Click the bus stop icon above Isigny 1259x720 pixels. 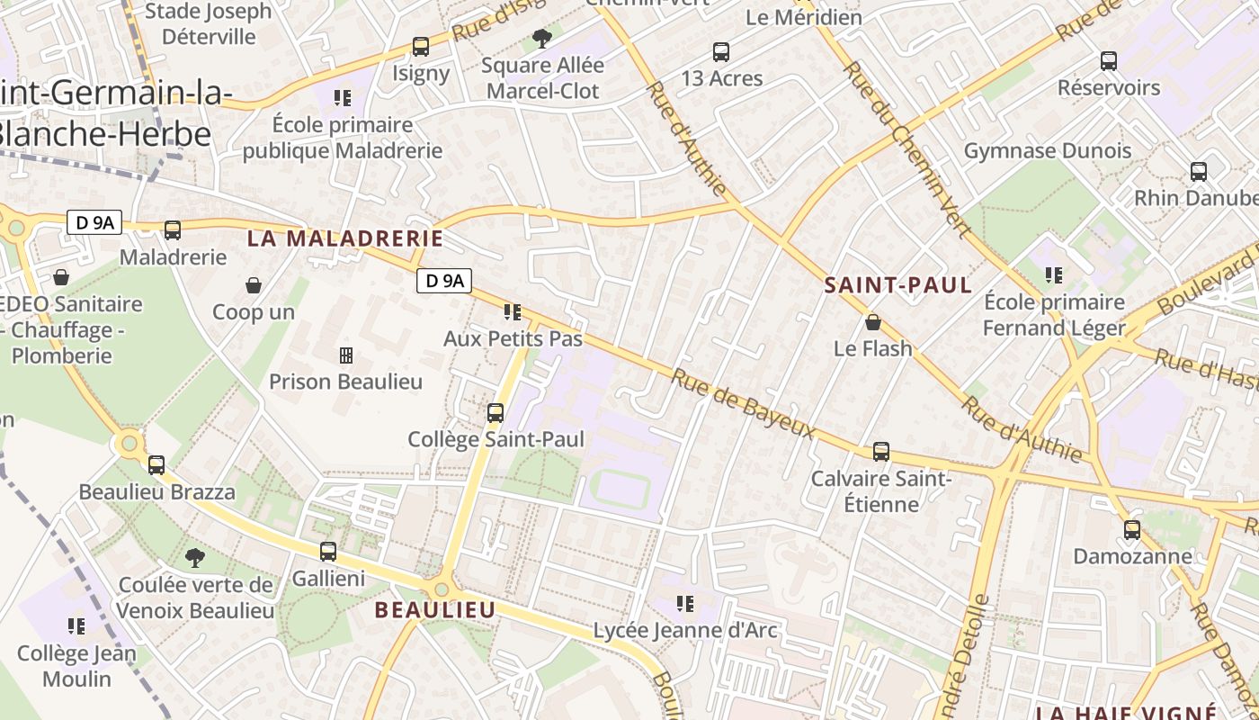(x=420, y=47)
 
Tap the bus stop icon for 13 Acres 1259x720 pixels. (x=721, y=52)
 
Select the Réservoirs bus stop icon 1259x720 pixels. (x=1109, y=61)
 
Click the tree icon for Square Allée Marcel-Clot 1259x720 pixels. (x=541, y=38)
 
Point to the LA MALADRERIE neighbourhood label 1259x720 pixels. (x=345, y=238)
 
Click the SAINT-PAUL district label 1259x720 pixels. (x=898, y=286)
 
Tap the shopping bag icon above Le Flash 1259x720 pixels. (x=872, y=322)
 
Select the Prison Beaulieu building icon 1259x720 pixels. (x=345, y=355)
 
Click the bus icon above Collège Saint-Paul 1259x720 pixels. (x=496, y=413)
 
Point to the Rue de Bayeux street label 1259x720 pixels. (x=743, y=405)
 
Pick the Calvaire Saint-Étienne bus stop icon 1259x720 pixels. (x=881, y=452)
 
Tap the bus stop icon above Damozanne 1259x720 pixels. (x=1132, y=530)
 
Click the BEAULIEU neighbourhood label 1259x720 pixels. (x=435, y=610)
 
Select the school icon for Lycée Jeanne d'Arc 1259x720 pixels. (x=685, y=603)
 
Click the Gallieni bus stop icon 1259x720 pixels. (x=328, y=552)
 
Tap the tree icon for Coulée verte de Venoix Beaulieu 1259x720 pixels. (x=194, y=558)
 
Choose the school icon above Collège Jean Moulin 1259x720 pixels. (x=76, y=625)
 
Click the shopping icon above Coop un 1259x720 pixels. (x=254, y=286)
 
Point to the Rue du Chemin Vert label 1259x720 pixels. (x=906, y=149)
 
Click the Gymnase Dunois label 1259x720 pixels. (x=1048, y=150)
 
